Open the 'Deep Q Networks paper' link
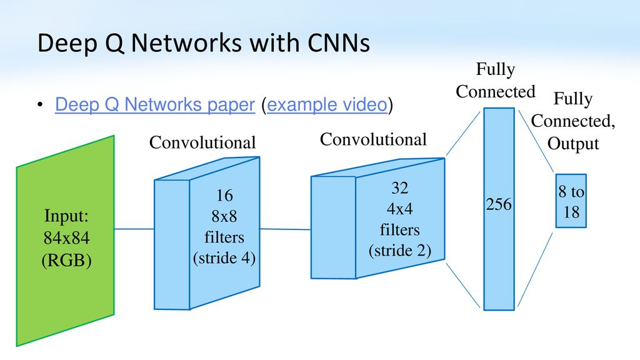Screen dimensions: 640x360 click(155, 104)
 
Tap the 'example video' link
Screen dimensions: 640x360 click(327, 104)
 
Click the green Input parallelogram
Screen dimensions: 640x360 click(65, 241)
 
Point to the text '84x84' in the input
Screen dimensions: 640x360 click(66, 237)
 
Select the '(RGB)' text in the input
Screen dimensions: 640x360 click(66, 261)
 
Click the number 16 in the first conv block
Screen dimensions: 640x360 click(224, 195)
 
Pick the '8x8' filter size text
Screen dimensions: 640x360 click(224, 216)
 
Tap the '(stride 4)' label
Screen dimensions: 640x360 click(224, 258)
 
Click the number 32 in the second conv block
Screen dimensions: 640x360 click(399, 187)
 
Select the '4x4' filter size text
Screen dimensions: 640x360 click(399, 209)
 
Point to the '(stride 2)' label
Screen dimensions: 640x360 click(399, 251)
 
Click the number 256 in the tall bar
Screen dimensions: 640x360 click(498, 204)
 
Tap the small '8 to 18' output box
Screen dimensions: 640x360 click(571, 201)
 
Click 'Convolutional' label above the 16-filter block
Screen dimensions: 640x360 click(202, 142)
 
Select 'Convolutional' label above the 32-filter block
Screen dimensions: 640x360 click(373, 139)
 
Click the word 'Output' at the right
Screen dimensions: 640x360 click(573, 144)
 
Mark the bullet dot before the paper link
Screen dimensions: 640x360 click(39, 105)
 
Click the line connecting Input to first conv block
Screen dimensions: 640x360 click(134, 229)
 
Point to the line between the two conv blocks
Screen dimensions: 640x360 click(285, 229)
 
